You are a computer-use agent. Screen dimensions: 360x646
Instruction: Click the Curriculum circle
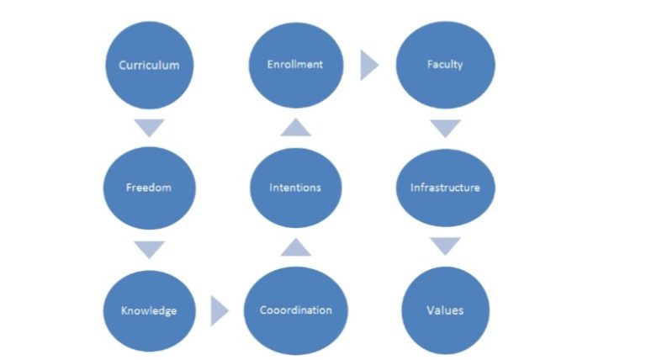pyautogui.click(x=149, y=65)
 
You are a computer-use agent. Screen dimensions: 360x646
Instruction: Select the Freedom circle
pyautogui.click(x=149, y=187)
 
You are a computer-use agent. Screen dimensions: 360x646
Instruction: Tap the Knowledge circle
pyautogui.click(x=149, y=310)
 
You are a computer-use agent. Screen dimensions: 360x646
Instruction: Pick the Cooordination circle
pyautogui.click(x=295, y=310)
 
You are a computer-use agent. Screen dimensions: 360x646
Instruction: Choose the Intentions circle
pyautogui.click(x=295, y=187)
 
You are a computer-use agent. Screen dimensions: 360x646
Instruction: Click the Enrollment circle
pyautogui.click(x=295, y=65)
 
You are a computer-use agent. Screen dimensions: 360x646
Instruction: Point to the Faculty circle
pyautogui.click(x=445, y=65)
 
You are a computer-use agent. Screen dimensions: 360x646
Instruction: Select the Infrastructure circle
pyautogui.click(x=445, y=187)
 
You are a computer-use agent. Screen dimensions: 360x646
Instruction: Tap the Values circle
pyautogui.click(x=445, y=310)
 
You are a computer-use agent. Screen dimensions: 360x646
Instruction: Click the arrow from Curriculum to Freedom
pyautogui.click(x=149, y=128)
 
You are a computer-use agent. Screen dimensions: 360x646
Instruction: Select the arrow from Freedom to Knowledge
pyautogui.click(x=149, y=249)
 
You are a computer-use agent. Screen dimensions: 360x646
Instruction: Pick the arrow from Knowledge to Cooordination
pyautogui.click(x=219, y=310)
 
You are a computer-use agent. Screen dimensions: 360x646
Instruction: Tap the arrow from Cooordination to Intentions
pyautogui.click(x=295, y=247)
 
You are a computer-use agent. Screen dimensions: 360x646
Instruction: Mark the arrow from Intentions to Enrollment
pyautogui.click(x=295, y=127)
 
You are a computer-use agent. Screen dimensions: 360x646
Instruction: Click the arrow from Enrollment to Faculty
pyautogui.click(x=368, y=65)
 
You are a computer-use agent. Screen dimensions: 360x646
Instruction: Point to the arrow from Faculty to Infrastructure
pyautogui.click(x=445, y=128)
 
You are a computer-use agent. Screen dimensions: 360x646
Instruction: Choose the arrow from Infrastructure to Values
pyautogui.click(x=445, y=246)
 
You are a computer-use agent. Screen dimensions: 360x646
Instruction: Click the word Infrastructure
pyautogui.click(x=445, y=187)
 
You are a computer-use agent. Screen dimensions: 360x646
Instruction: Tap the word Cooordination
pyautogui.click(x=295, y=310)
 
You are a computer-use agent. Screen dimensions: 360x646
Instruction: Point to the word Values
pyautogui.click(x=445, y=310)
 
